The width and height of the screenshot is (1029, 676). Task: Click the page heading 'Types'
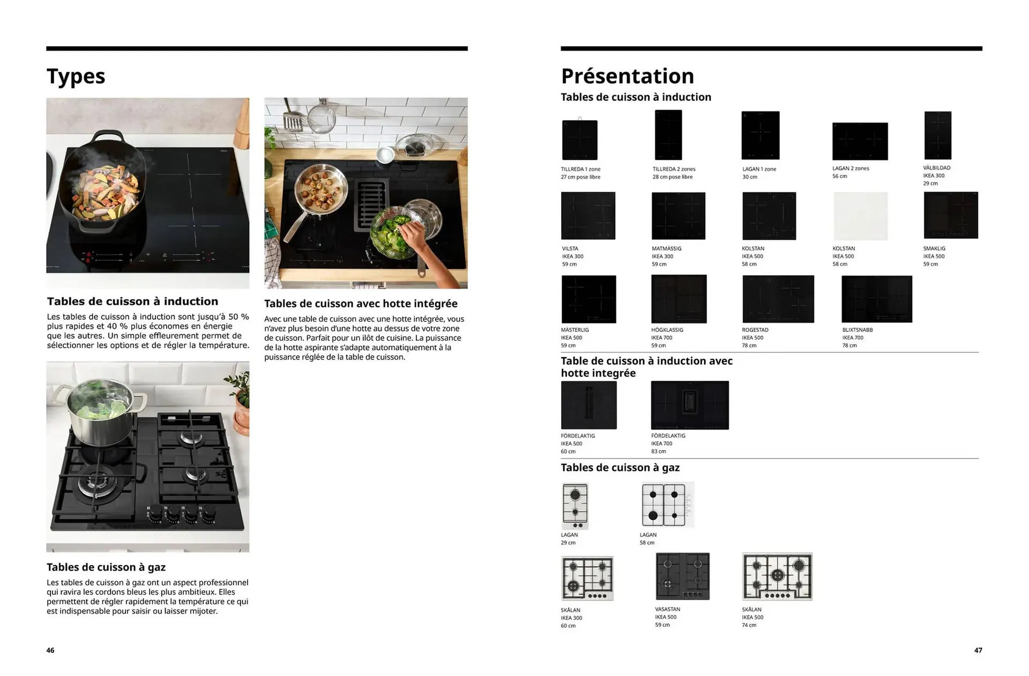point(76,77)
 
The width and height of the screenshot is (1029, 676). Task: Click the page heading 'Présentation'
point(627,76)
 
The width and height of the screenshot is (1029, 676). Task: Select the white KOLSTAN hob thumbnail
point(860,216)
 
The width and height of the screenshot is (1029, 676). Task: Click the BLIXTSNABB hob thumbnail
point(876,299)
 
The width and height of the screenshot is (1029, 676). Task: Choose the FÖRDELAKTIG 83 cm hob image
point(690,405)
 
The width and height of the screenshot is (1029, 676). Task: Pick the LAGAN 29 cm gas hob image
point(575,506)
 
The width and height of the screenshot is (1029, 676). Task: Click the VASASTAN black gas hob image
point(682,576)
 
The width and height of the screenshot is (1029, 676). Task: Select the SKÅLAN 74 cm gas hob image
point(777,576)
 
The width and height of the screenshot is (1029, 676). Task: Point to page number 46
point(50,650)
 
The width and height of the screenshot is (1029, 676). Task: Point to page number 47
point(978,650)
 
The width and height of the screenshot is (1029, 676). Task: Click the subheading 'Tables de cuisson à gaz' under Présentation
point(620,468)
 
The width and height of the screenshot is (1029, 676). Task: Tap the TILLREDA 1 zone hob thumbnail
point(579,140)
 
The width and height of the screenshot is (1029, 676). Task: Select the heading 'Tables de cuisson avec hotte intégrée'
point(361,304)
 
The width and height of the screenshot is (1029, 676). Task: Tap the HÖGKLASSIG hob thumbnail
point(678,299)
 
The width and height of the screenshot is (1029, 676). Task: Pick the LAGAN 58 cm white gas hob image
point(667,505)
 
